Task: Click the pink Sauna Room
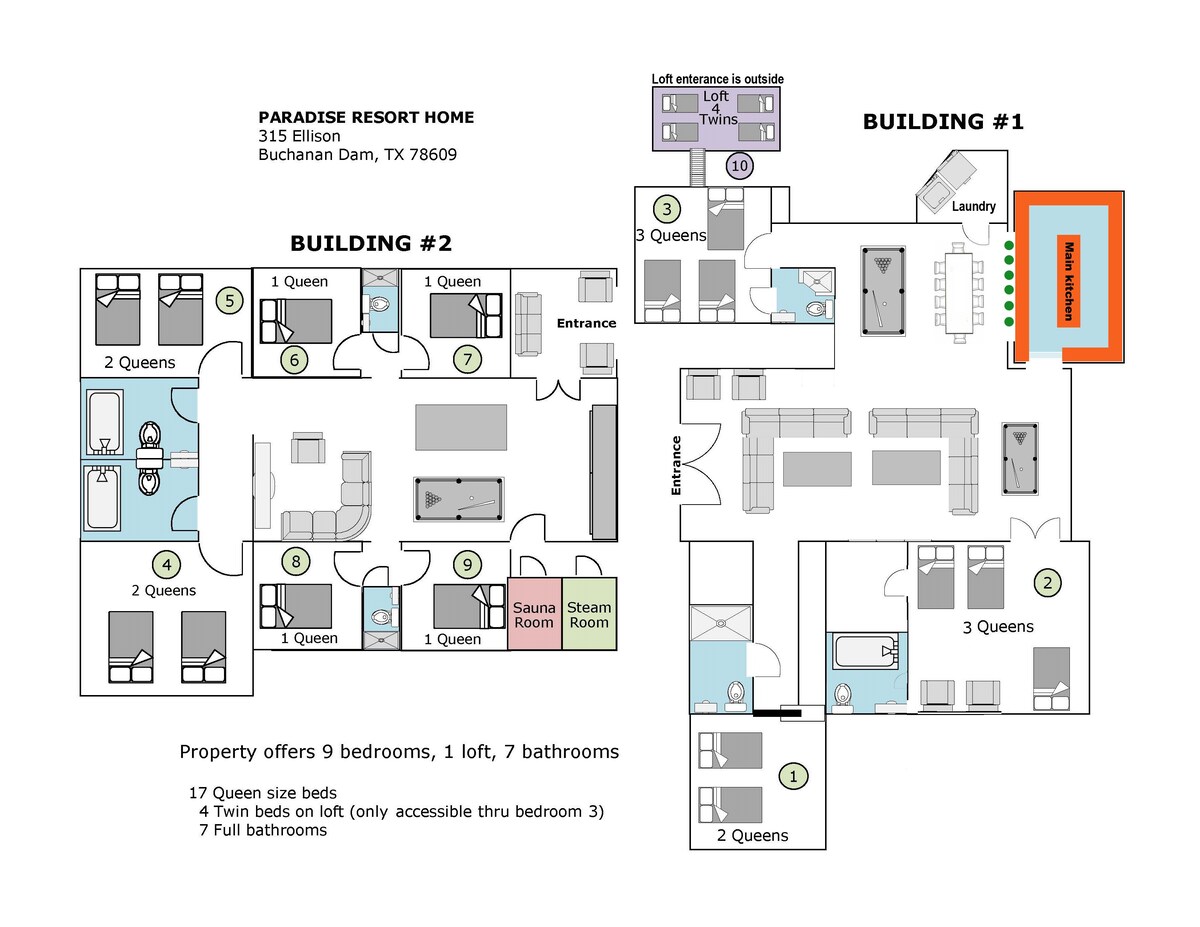[x=534, y=613]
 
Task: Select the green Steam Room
[x=589, y=613]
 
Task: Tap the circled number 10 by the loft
[x=739, y=165]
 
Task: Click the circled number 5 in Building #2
[x=230, y=300]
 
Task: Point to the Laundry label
[x=974, y=206]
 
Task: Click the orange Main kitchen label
[x=1069, y=281]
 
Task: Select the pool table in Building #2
[x=458, y=499]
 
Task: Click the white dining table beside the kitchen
[x=959, y=293]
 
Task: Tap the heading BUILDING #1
[x=943, y=121]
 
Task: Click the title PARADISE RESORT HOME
[x=366, y=117]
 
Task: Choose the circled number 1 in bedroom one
[x=794, y=776]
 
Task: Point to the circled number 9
[x=467, y=564]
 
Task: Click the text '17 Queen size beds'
[x=263, y=793]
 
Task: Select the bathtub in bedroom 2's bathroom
[x=865, y=651]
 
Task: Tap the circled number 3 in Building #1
[x=667, y=209]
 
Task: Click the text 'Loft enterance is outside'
[x=717, y=79]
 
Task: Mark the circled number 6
[x=294, y=360]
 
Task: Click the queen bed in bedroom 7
[x=466, y=315]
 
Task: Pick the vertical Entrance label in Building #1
[x=676, y=465]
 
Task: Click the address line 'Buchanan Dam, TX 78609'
[x=357, y=155]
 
